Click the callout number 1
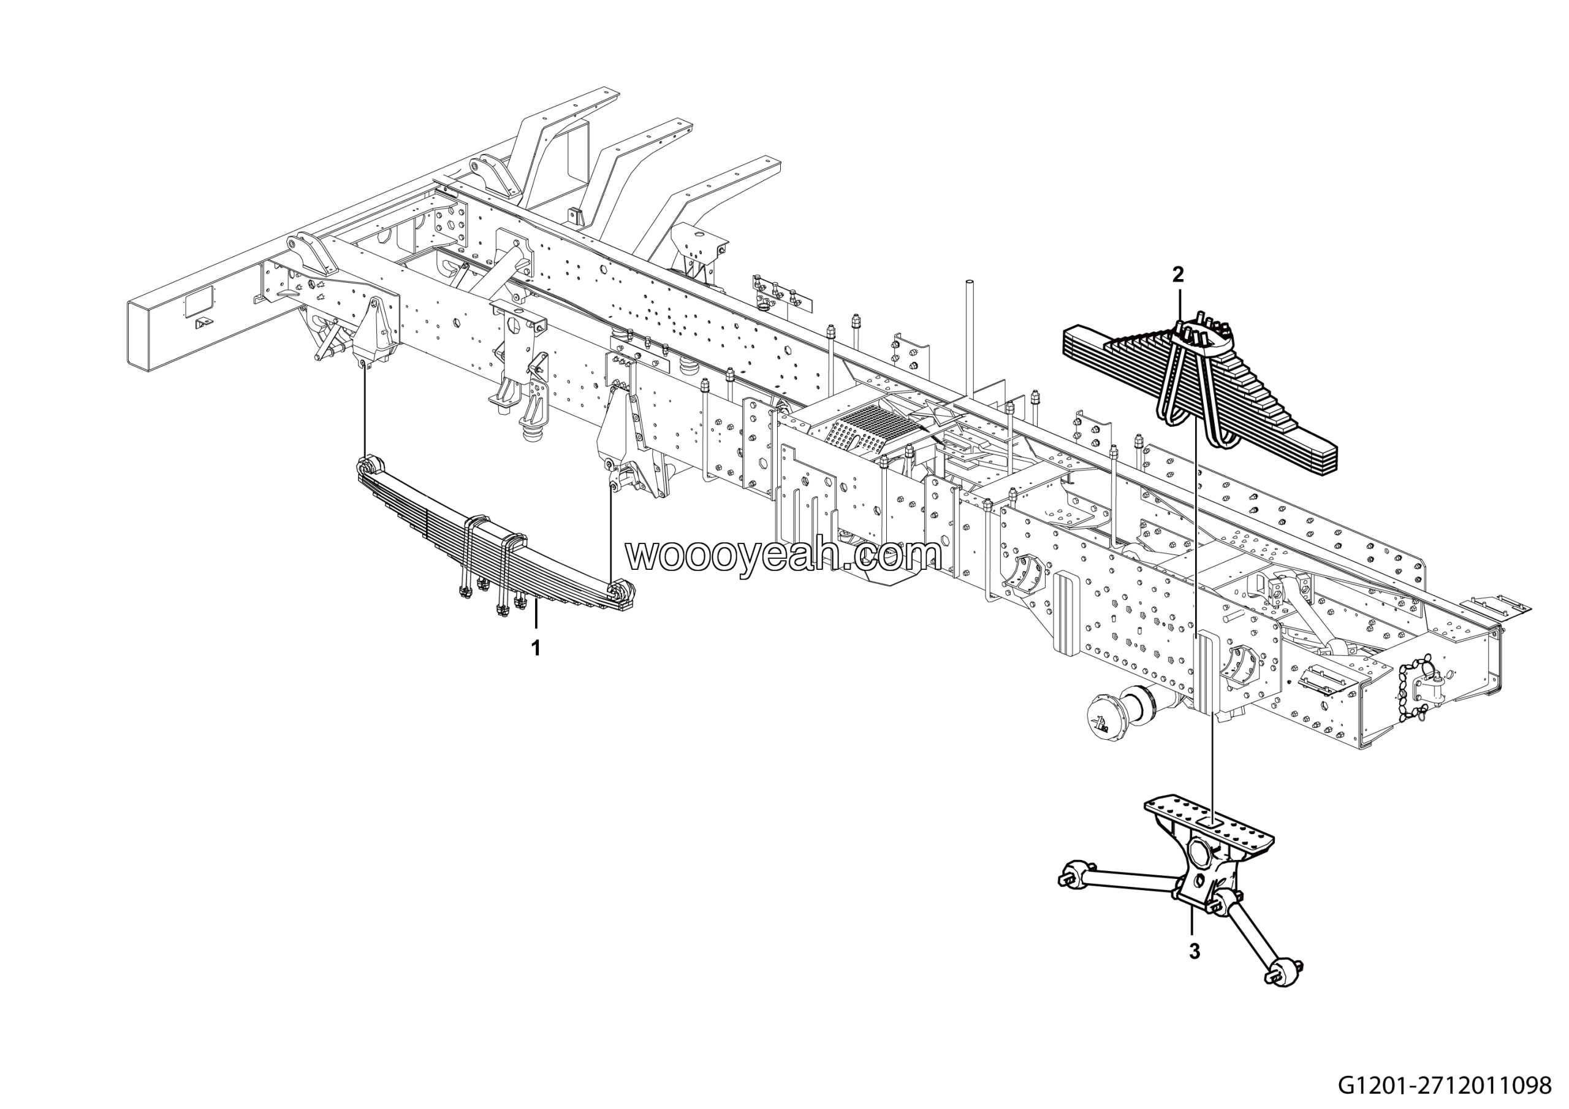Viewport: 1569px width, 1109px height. pos(536,648)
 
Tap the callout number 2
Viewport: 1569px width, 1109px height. pos(1177,275)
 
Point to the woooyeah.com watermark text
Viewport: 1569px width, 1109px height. pos(784,555)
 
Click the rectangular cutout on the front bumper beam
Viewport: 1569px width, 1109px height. pos(199,301)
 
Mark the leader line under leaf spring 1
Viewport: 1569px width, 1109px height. pos(536,619)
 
